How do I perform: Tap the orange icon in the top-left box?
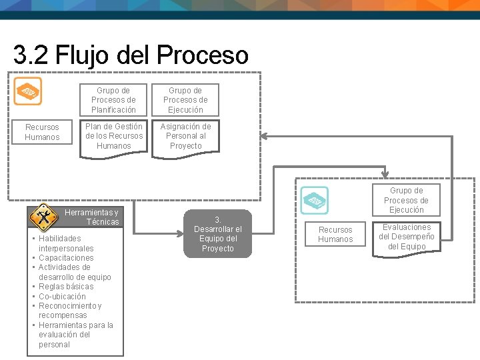click(28, 91)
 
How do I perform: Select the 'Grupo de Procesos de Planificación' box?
click(113, 100)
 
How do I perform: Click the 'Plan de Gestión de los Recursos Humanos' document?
click(113, 137)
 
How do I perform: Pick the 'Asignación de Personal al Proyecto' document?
click(185, 137)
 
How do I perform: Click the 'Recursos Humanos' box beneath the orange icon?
click(42, 132)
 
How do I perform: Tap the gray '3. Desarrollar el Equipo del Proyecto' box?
click(217, 234)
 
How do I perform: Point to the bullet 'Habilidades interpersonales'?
click(65, 243)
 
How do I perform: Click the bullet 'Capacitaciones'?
click(66, 258)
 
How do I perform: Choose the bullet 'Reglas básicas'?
click(66, 287)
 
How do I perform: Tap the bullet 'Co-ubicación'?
click(62, 297)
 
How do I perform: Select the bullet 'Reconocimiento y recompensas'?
click(70, 311)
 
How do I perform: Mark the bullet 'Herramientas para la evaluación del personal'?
click(75, 335)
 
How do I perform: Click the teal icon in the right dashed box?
click(313, 200)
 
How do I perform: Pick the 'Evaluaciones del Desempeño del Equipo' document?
click(406, 237)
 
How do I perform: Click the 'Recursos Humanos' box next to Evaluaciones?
click(335, 235)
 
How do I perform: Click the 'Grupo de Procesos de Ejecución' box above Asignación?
click(185, 100)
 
